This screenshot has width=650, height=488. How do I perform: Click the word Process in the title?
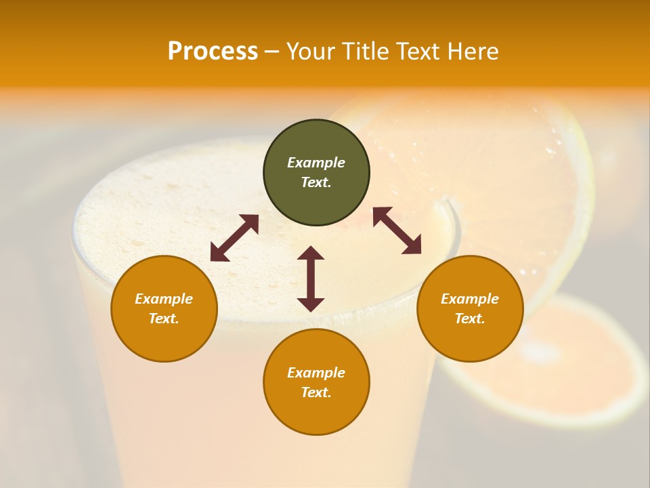(x=213, y=52)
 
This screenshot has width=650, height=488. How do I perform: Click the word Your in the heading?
(x=311, y=52)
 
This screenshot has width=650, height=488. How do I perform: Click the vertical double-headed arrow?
(x=311, y=279)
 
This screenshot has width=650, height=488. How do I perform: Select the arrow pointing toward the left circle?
(x=234, y=238)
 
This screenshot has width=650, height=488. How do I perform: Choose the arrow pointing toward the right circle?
(x=397, y=230)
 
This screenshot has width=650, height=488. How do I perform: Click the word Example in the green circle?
(x=316, y=163)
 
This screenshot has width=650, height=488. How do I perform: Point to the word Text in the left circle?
(x=164, y=319)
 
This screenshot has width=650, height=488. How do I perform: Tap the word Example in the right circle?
(x=470, y=299)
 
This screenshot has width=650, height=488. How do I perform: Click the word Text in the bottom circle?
(x=316, y=392)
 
